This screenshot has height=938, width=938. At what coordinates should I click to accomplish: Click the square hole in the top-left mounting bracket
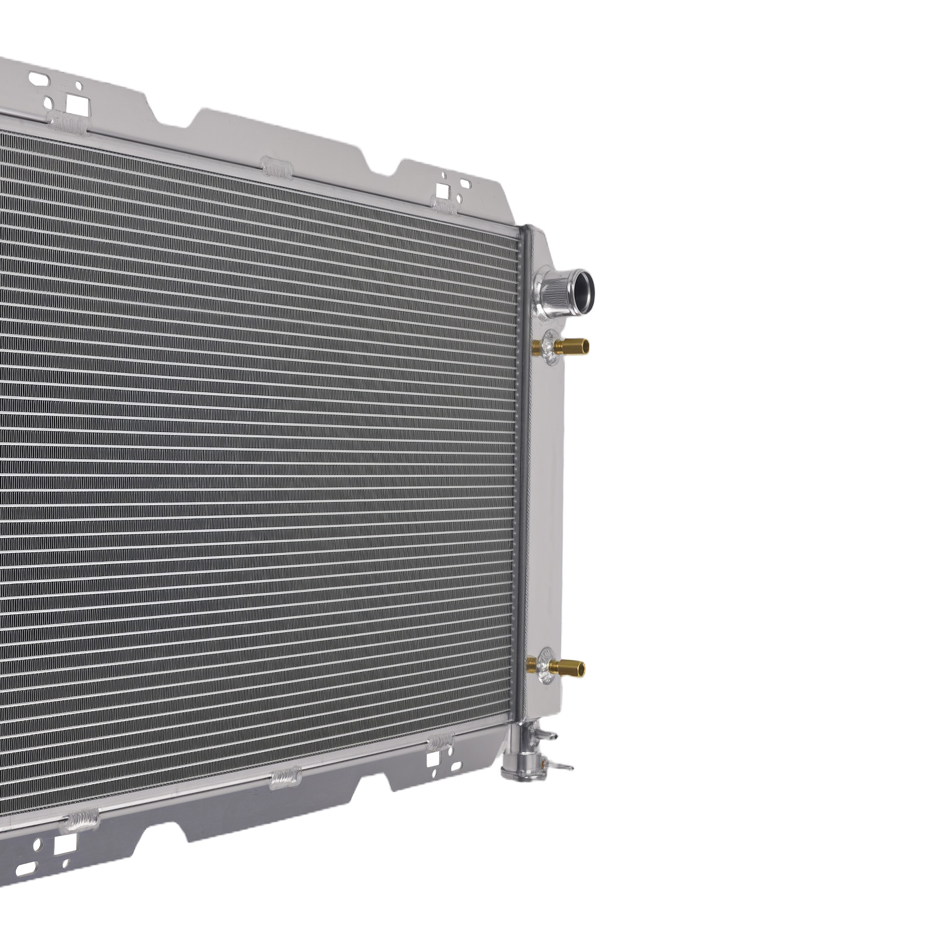click(x=75, y=104)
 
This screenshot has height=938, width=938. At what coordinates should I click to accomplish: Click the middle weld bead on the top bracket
click(x=276, y=169)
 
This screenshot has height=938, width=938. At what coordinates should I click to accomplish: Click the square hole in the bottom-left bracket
click(x=64, y=845)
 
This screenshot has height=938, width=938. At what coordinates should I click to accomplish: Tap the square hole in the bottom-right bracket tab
click(x=434, y=760)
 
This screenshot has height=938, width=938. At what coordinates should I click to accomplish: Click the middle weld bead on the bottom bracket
click(x=285, y=778)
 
